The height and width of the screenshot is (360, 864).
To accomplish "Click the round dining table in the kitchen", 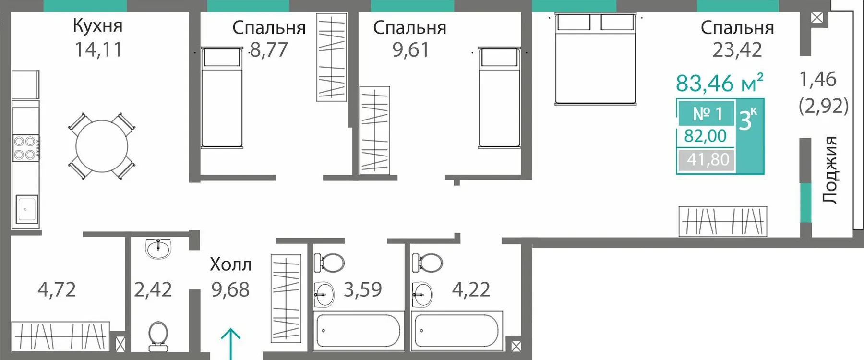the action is pos(102,146).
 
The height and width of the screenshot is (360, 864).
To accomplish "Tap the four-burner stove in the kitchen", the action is pos(25,148).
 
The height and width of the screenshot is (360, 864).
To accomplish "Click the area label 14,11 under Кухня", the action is pos(98,49).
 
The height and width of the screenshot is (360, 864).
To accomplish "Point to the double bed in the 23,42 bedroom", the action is pos(595,58).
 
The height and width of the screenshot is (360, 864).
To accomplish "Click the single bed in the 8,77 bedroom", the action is pos(221,97).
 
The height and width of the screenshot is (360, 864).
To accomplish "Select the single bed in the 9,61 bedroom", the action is pos(499,97).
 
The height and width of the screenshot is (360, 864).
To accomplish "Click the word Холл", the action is pos(231,264).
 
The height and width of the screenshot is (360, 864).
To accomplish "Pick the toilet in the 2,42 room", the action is pos(158,336).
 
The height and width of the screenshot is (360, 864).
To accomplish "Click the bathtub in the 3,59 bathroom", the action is pos(358,330).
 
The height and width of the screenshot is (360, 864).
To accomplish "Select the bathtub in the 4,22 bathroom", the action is pos(457,330).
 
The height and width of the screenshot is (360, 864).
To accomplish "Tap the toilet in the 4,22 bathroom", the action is pos(427,263).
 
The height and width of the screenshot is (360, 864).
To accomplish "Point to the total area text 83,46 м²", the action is pos(720,83).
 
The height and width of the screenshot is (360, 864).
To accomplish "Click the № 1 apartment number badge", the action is pos(707,114).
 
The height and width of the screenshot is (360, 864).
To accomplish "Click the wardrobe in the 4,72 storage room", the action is pos(60,336).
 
